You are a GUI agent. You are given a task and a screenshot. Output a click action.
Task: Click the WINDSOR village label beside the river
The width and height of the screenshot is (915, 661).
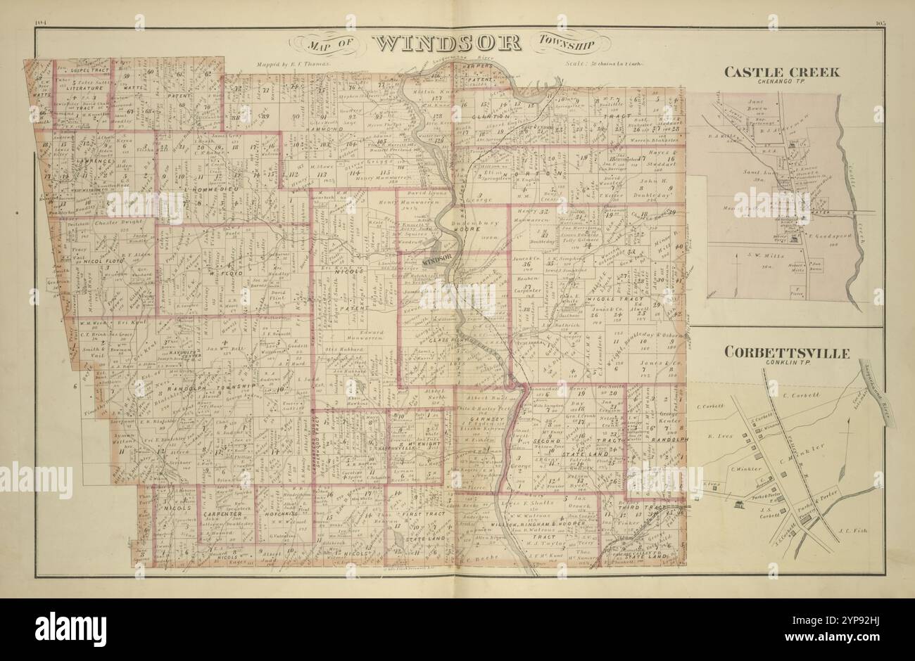(x=437, y=261)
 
